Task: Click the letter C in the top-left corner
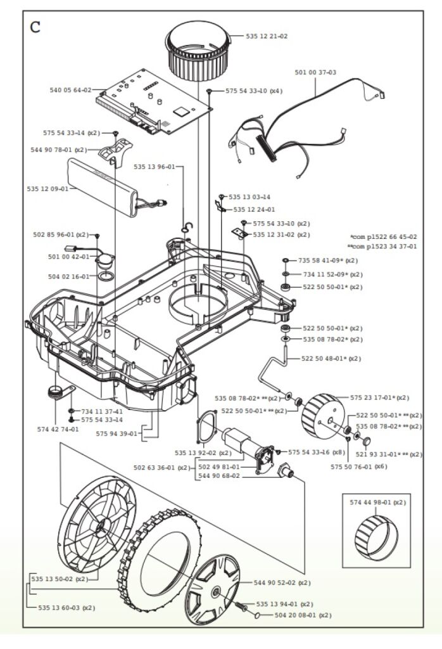pos(35,27)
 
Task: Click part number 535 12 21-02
pos(266,36)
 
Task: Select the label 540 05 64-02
pos(70,90)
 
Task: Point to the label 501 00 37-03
pos(315,72)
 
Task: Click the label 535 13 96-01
pos(155,167)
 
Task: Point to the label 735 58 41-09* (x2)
pos(328,260)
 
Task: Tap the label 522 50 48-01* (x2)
pos(331,359)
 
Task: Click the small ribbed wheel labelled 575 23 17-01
pos(324,418)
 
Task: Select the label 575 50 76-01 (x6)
pos(358,466)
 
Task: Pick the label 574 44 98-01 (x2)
pos(377,502)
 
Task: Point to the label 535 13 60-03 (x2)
pos(62,608)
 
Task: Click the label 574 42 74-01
pos(58,429)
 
